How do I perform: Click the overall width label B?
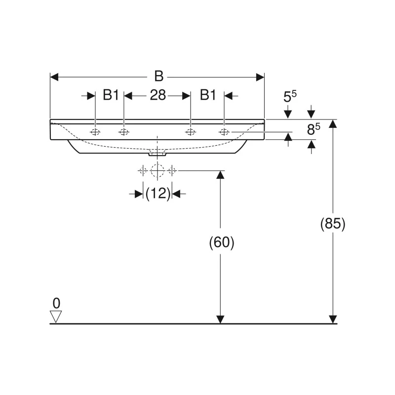click(x=159, y=76)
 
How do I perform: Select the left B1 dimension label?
click(x=111, y=95)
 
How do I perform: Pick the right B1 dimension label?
click(x=208, y=95)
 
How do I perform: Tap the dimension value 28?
click(x=158, y=95)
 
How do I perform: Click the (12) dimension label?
click(x=158, y=194)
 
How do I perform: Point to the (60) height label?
click(x=222, y=242)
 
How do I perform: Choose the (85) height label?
click(x=333, y=224)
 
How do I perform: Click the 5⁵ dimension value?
click(x=290, y=96)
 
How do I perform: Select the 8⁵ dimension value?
click(x=314, y=129)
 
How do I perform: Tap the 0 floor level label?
click(x=56, y=303)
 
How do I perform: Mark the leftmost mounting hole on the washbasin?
click(x=95, y=132)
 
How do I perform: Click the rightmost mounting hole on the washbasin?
click(x=224, y=132)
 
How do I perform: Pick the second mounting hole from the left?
click(x=124, y=132)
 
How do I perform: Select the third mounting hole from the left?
click(x=191, y=132)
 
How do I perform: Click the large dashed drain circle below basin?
click(x=158, y=170)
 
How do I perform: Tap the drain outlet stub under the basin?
click(x=158, y=154)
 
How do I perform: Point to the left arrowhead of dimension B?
click(x=54, y=78)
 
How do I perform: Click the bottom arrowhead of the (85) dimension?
click(x=333, y=319)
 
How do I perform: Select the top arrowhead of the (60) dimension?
click(x=220, y=175)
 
